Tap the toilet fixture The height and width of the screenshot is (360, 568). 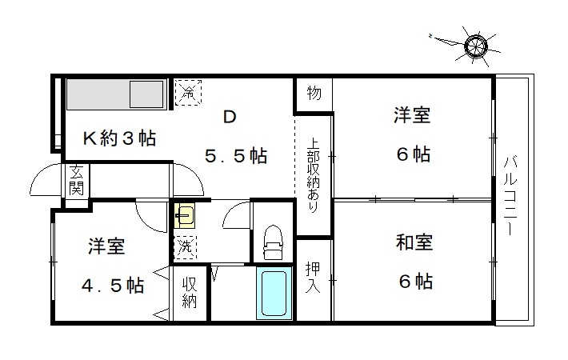point(273,242)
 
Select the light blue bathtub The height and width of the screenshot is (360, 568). point(274,294)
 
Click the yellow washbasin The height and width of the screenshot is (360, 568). point(185,215)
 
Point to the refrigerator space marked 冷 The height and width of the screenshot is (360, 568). point(188,92)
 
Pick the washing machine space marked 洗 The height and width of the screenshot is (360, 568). point(185,247)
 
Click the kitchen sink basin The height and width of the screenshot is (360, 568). point(146,94)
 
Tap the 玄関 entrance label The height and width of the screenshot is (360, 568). point(77,180)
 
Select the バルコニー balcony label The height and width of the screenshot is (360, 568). point(510,195)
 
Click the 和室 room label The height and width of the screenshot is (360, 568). point(414,242)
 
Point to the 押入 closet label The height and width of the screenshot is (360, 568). point(313,278)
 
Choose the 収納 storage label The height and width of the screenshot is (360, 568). point(189,293)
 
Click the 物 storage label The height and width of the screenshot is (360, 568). point(314,93)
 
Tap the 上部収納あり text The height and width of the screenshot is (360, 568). point(313,175)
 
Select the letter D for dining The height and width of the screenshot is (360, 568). point(230,117)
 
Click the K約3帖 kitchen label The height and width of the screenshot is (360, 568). point(120,138)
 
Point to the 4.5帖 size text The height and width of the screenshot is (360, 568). point(113,286)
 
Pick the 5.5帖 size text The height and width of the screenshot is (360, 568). point(236,156)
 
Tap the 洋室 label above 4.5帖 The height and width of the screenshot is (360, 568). point(106,246)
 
